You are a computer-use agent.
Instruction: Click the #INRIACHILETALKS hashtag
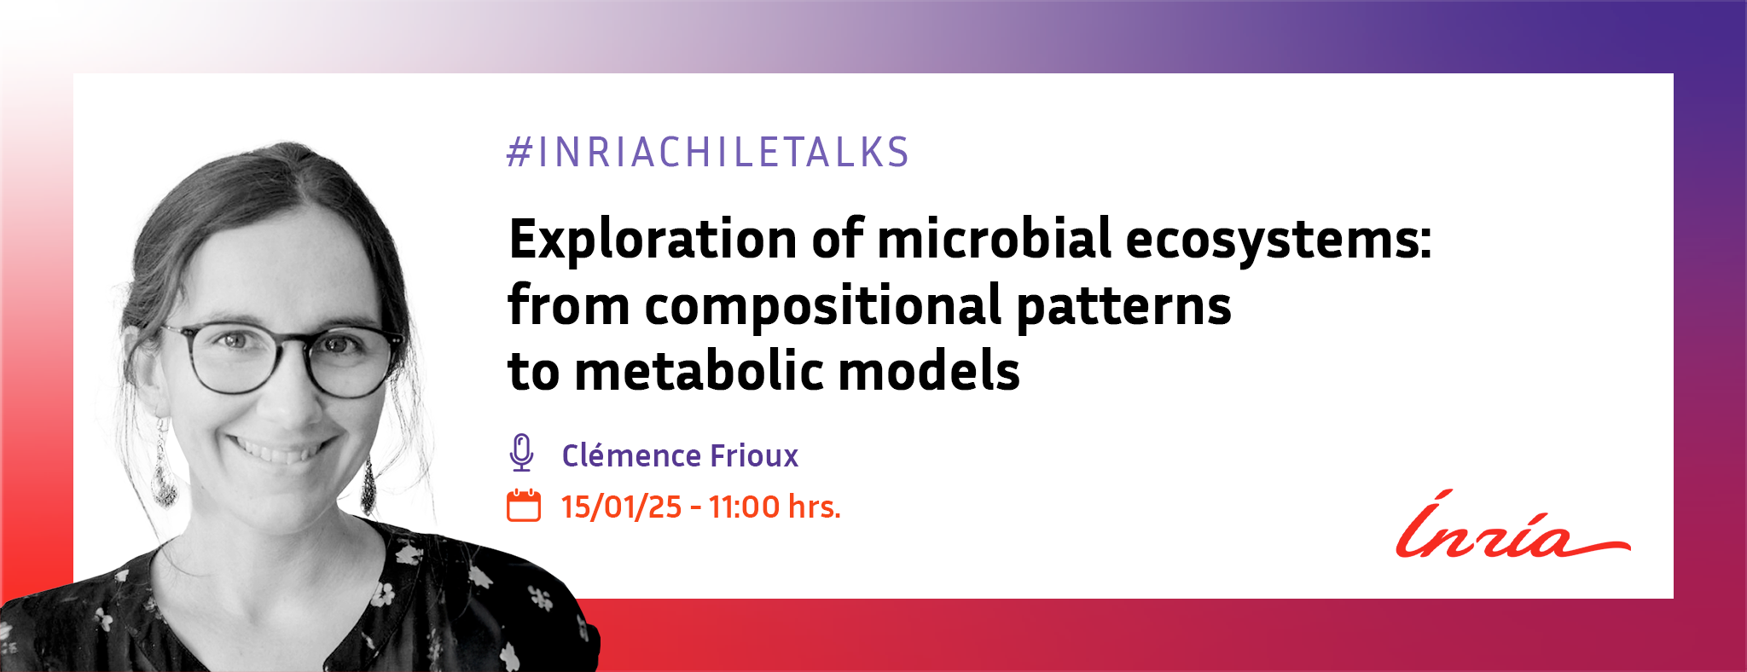coord(708,153)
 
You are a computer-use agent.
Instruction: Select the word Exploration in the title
coord(653,239)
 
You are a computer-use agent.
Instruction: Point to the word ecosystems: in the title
coord(1279,241)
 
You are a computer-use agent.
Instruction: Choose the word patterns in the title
coord(1124,307)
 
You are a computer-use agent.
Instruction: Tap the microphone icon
coord(521,453)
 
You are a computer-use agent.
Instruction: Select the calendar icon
coord(524,505)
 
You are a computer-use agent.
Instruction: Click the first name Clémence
coord(630,455)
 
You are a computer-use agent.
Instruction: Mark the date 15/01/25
coord(622,507)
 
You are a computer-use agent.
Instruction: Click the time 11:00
coord(744,507)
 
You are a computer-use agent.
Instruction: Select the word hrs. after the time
coord(815,507)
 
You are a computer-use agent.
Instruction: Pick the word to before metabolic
coord(534,372)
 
